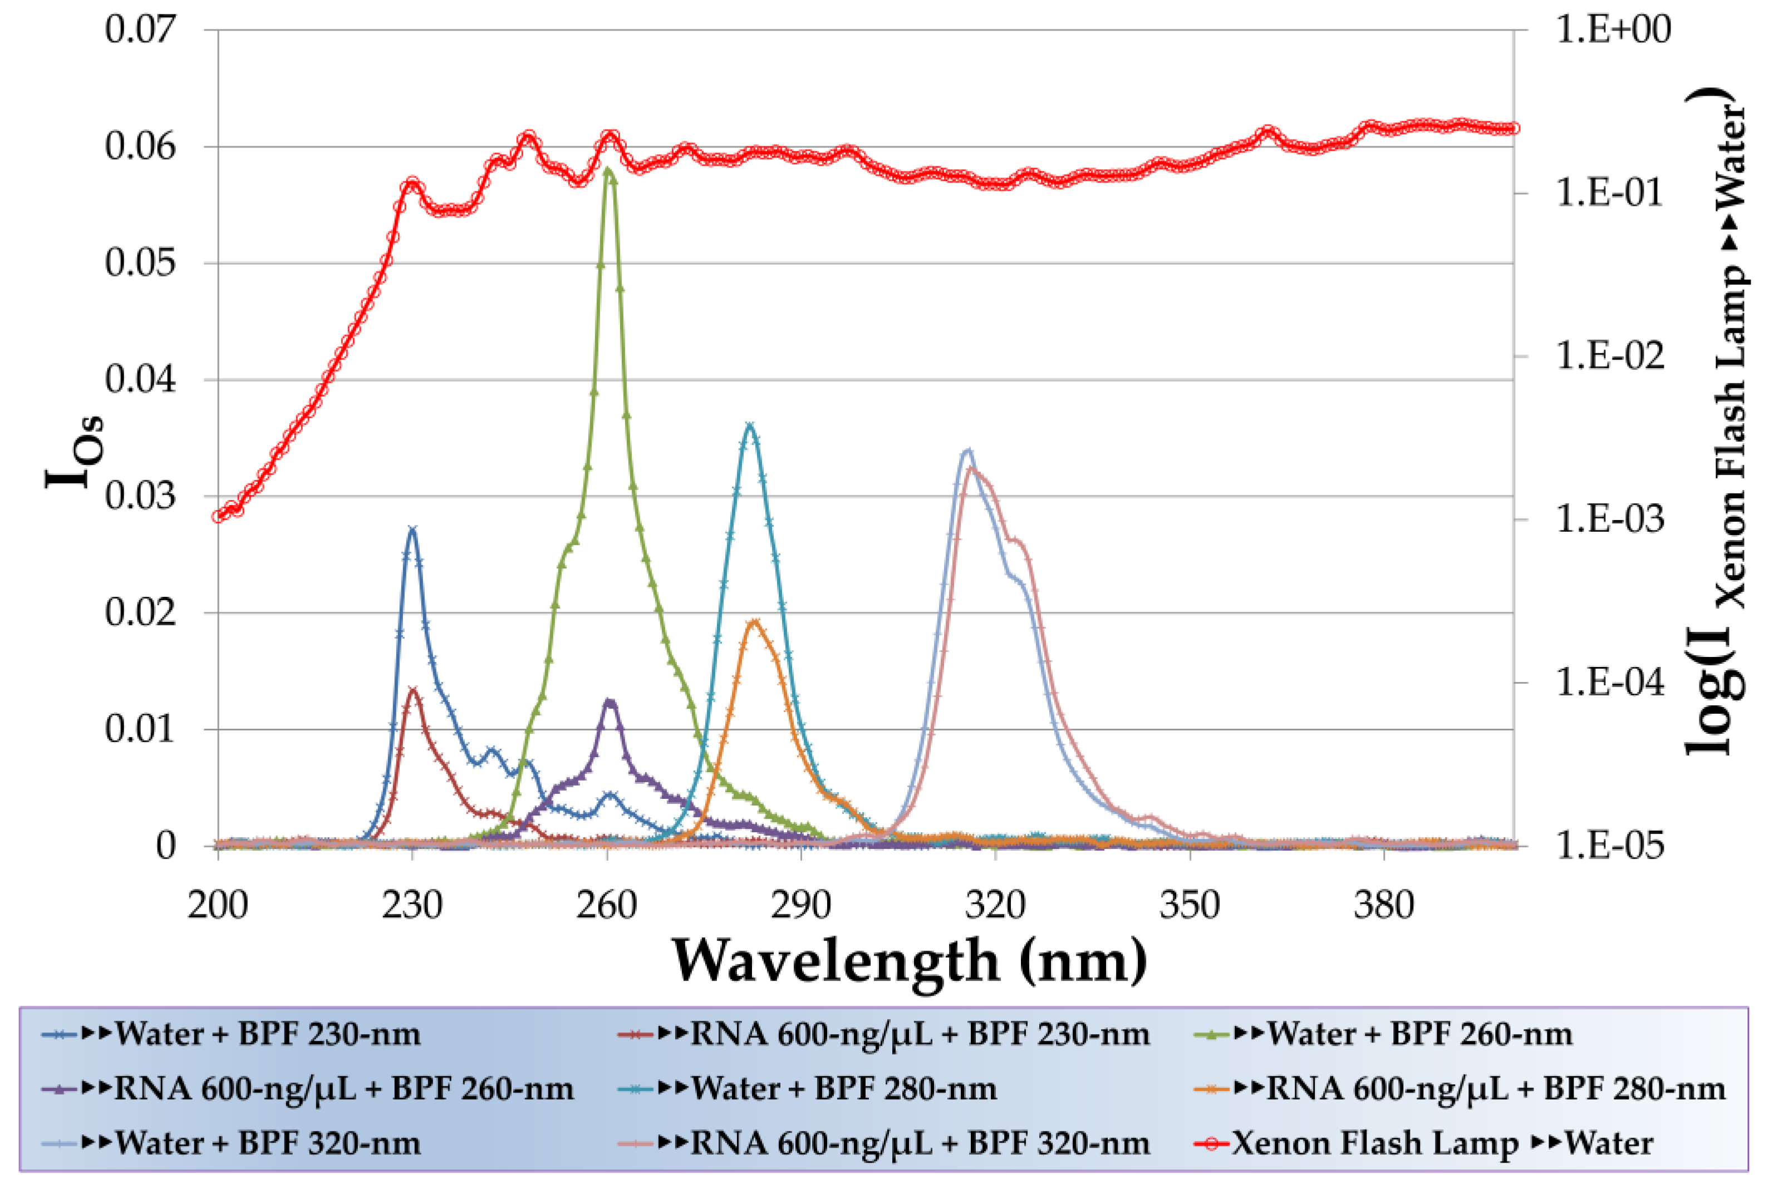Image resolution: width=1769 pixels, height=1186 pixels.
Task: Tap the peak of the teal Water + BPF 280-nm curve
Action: tap(749, 427)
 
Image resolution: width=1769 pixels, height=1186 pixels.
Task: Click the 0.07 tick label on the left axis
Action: tap(140, 30)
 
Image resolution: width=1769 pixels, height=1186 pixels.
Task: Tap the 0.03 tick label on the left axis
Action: tap(140, 497)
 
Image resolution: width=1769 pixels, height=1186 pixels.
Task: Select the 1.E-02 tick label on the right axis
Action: tap(1610, 356)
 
